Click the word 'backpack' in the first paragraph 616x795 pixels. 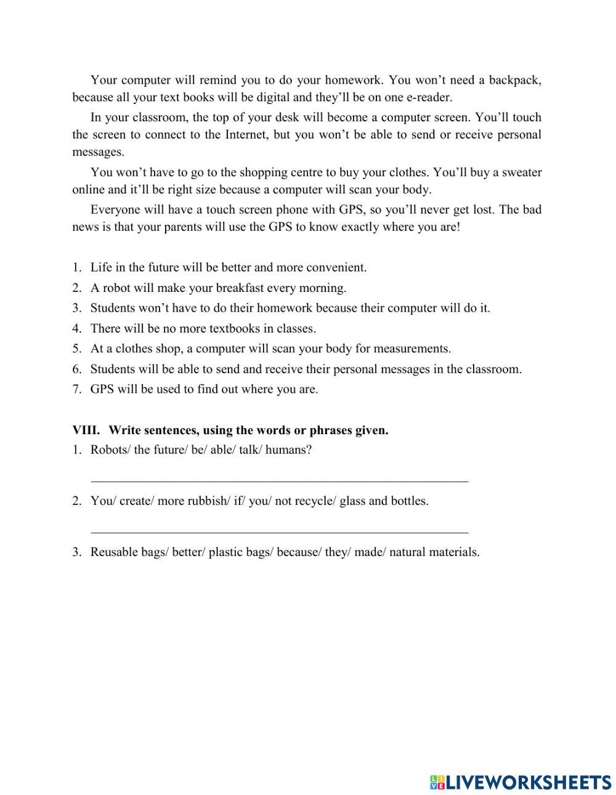coord(514,79)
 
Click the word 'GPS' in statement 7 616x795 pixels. coord(102,389)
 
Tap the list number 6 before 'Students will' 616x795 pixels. coord(76,369)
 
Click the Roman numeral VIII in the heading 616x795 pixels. coord(86,430)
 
